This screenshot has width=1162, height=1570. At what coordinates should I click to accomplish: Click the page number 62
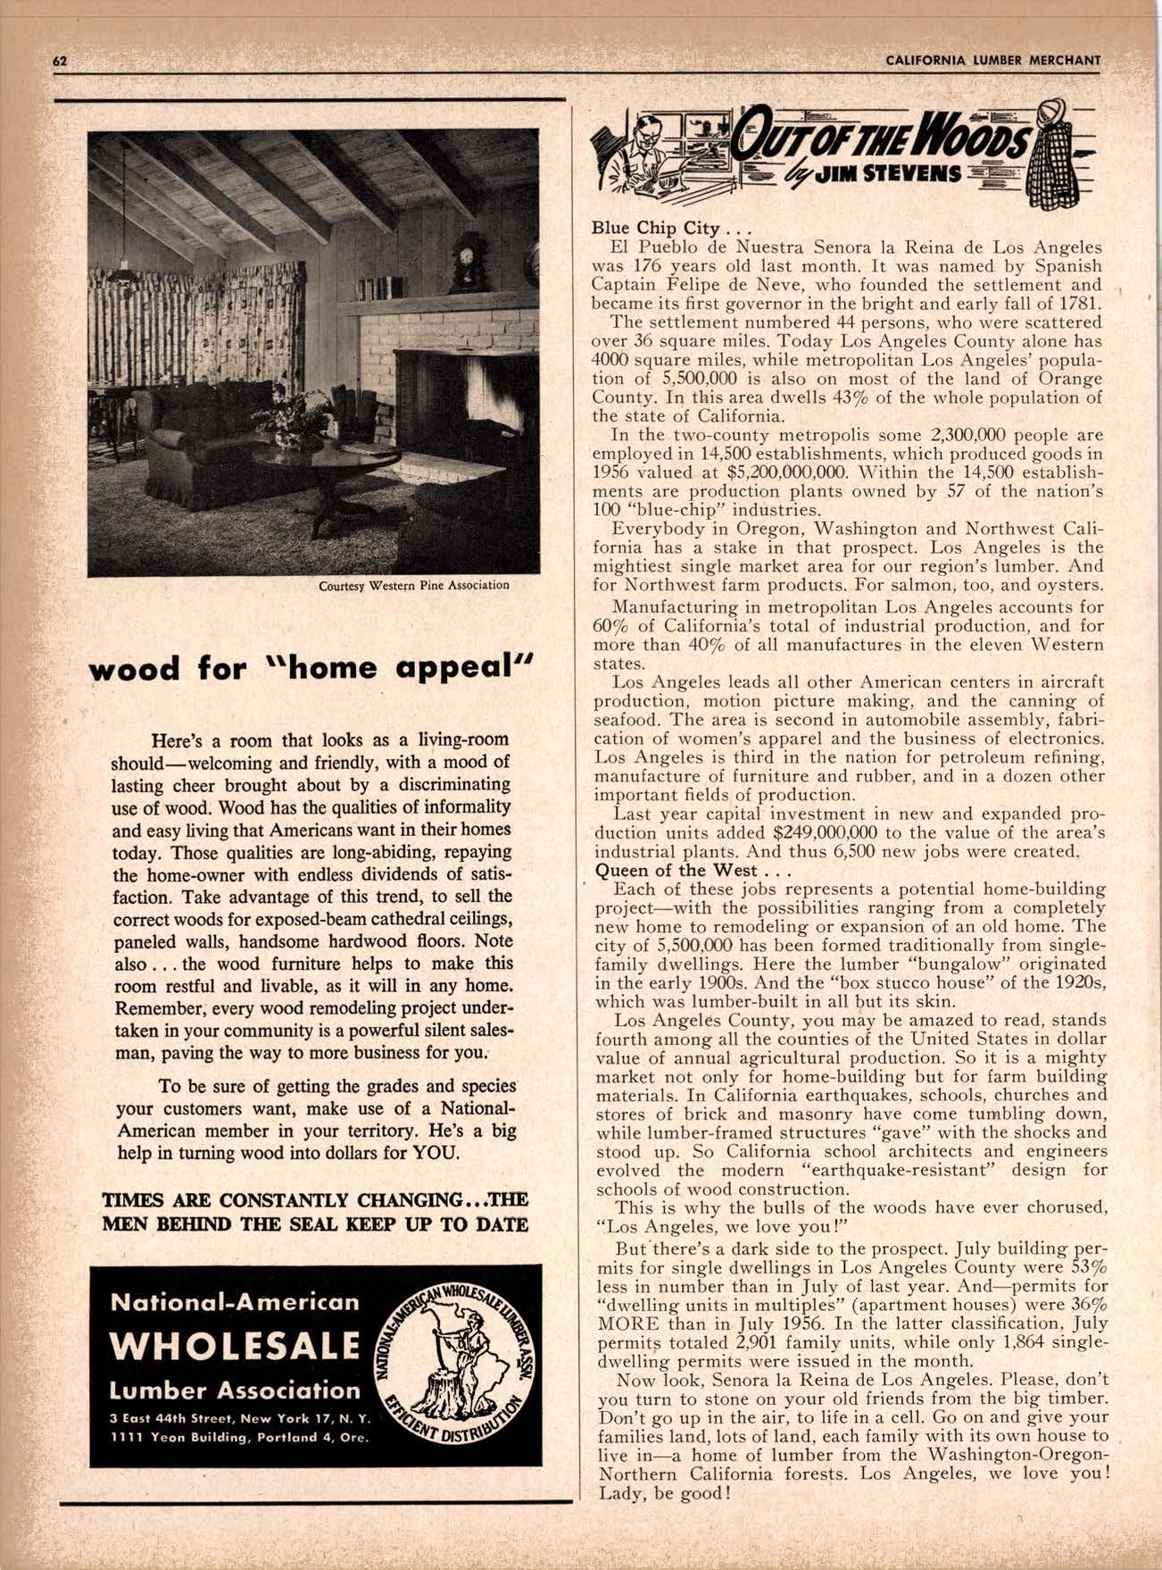click(60, 60)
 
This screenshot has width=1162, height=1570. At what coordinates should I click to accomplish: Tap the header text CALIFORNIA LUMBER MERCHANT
click(993, 60)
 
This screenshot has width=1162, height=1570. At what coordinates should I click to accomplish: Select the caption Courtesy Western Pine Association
click(413, 586)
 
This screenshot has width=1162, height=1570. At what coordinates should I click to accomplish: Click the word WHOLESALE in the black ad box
click(235, 1345)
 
